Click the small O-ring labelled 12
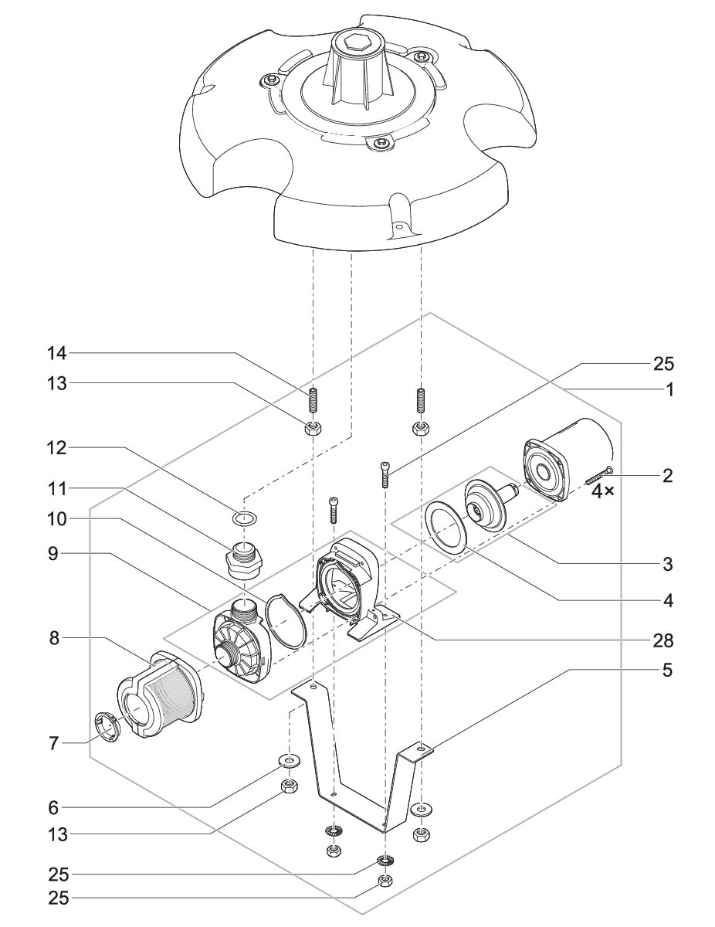point(243,517)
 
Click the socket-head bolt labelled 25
point(385,473)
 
